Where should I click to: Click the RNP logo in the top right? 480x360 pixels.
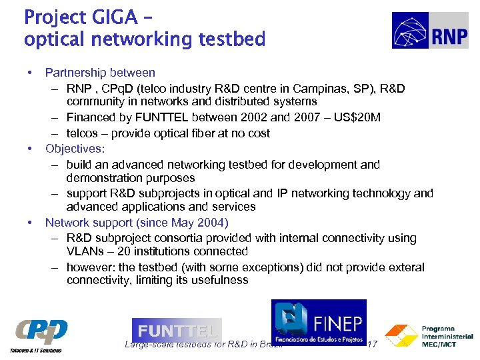point(430,31)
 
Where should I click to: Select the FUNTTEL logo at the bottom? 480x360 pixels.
point(177,331)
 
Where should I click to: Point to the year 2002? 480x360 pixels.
point(255,118)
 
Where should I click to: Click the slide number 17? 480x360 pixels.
point(373,345)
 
